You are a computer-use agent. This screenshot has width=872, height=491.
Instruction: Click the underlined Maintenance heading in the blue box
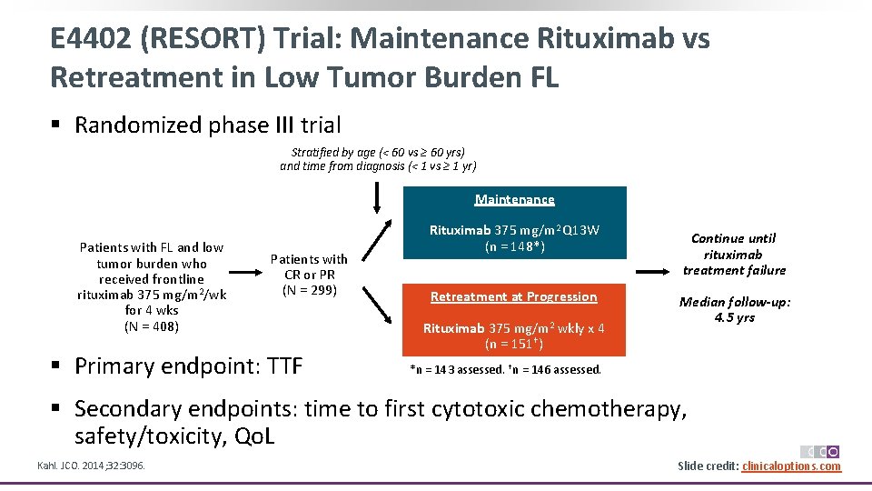(x=514, y=199)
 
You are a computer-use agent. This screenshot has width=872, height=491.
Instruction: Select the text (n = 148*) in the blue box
(x=514, y=245)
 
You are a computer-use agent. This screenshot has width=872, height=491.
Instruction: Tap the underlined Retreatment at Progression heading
(x=514, y=296)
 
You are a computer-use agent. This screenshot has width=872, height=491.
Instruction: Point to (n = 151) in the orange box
(x=514, y=344)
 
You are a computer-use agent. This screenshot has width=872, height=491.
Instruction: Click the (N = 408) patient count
(x=152, y=326)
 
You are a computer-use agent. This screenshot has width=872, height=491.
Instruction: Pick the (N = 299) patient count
(x=309, y=290)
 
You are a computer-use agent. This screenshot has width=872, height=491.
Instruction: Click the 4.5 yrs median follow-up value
(x=734, y=317)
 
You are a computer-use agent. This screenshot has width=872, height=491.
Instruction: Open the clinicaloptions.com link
(x=791, y=466)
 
